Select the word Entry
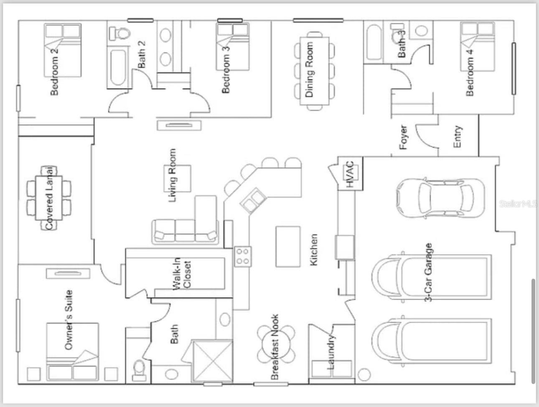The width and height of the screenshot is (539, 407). pos(458,137)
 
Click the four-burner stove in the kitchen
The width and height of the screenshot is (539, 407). pos(243,256)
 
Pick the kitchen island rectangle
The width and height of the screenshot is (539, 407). pos(288,247)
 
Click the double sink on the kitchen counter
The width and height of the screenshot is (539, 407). pos(253,200)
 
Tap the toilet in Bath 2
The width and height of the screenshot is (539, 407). pos(119,33)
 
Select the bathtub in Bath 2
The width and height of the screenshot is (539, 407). pos(118,68)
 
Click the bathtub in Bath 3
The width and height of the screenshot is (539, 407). pos(374,42)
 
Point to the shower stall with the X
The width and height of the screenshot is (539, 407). pos(213,361)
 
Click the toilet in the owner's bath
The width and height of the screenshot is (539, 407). pos(139,370)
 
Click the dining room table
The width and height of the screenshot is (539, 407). pos(315,71)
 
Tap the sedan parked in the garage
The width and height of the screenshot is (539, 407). pos(440,198)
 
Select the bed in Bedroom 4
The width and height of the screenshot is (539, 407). pos(478,47)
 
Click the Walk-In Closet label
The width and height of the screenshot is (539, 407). pos(181,274)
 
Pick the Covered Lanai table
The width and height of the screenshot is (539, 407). pos(49,198)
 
